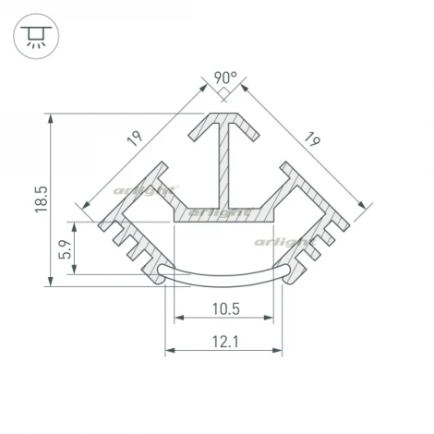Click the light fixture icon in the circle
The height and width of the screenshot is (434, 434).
point(34,36)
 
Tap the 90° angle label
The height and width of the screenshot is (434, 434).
point(225,78)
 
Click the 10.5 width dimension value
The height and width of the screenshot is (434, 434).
point(225,307)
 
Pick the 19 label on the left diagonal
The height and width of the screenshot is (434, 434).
point(135,140)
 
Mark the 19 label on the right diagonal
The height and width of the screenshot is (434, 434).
point(311,140)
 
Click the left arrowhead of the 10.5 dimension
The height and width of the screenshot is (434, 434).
point(177,319)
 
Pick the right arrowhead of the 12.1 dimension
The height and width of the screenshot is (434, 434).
point(280,351)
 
